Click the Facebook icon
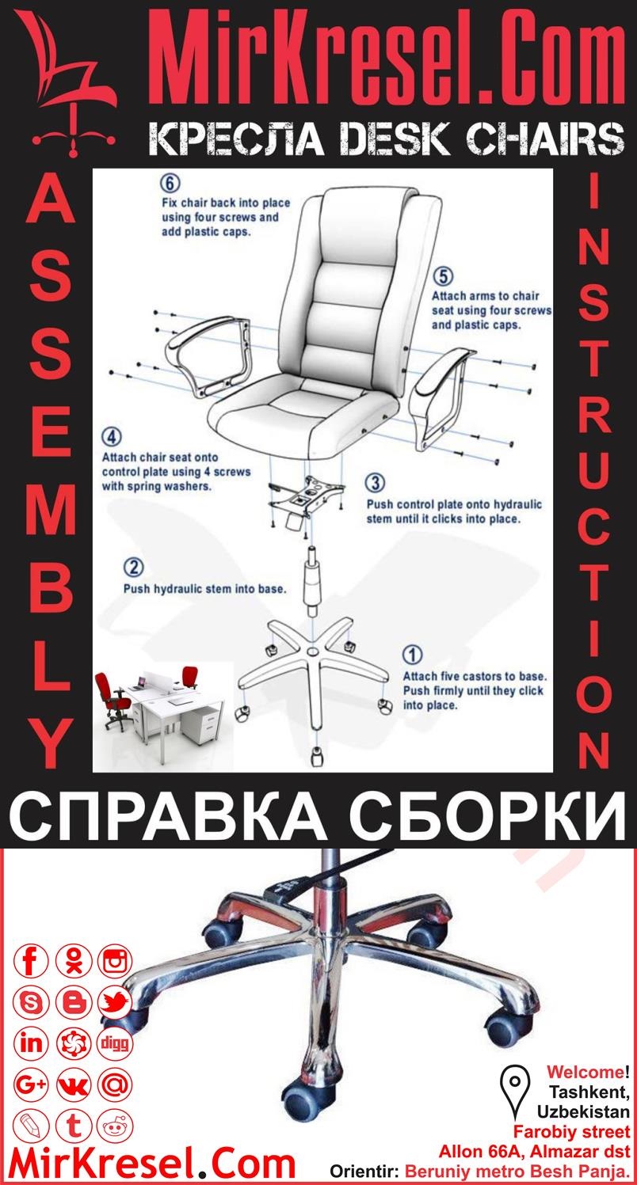click(x=32, y=962)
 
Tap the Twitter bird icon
click(x=115, y=1003)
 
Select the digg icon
click(x=115, y=1043)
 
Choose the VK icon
click(x=74, y=1084)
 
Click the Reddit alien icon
click(x=115, y=1124)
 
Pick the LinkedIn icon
click(x=32, y=1043)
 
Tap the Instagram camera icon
click(x=115, y=962)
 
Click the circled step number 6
click(x=170, y=184)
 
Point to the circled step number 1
click(x=413, y=655)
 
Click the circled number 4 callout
click(x=112, y=438)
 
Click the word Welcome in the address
click(x=585, y=1073)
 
